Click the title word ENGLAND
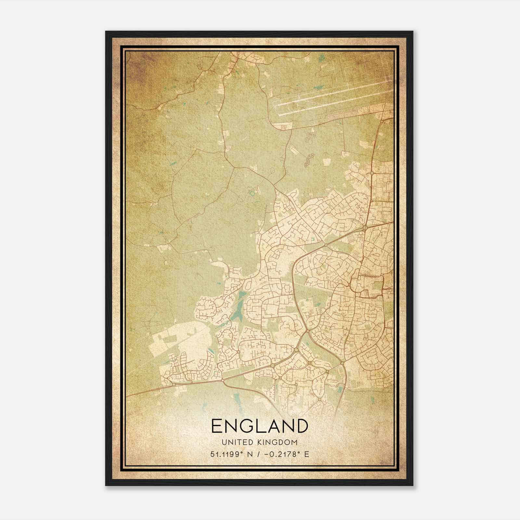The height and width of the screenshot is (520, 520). [x=259, y=426]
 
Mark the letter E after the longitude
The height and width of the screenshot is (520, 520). [x=306, y=454]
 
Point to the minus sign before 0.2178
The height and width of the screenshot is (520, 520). [x=267, y=454]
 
